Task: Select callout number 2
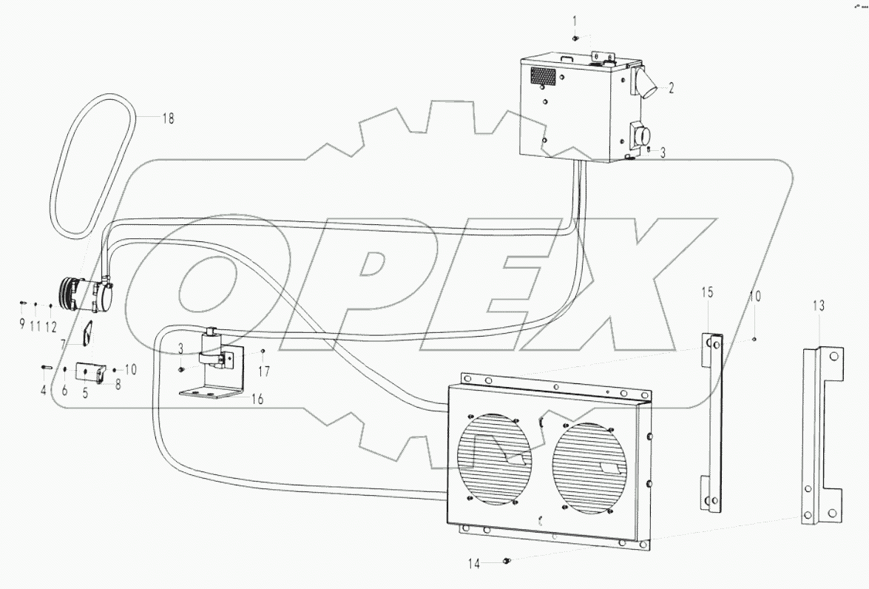(x=671, y=88)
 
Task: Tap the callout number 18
(x=168, y=118)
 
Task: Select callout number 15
(x=707, y=293)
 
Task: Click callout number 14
(x=473, y=564)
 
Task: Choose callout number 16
(x=257, y=399)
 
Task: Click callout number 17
(x=265, y=370)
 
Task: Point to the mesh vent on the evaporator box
(x=542, y=75)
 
